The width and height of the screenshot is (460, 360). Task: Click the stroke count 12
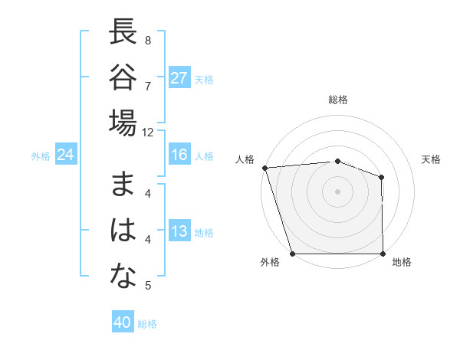[x=148, y=132]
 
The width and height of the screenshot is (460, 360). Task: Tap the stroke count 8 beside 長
[x=148, y=40]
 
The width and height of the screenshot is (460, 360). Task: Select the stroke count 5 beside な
[x=148, y=286]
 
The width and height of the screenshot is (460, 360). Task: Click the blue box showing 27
[x=179, y=78]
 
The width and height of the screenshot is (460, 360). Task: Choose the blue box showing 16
[x=179, y=155]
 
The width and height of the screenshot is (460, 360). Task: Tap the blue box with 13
[x=179, y=232]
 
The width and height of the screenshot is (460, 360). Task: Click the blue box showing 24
[x=66, y=155]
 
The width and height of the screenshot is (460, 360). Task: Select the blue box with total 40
[x=123, y=322]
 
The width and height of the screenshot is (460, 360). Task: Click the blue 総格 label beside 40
[x=147, y=324]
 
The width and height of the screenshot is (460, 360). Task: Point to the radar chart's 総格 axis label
[x=338, y=100]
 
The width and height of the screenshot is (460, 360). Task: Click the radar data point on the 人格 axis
[x=264, y=167]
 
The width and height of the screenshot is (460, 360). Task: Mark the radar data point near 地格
[x=383, y=254]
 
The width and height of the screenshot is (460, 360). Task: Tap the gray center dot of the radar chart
[x=337, y=191]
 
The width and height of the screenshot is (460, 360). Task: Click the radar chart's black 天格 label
[x=432, y=159]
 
